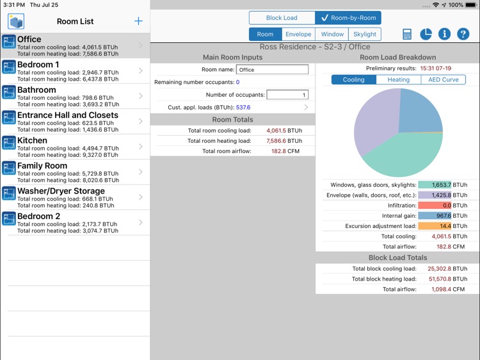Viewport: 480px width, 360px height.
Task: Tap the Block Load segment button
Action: (282, 18)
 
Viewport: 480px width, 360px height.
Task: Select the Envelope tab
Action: (298, 34)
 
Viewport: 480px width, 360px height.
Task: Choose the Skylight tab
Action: (364, 34)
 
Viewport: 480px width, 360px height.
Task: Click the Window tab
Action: (332, 34)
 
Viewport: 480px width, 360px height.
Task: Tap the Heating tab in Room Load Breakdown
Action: (398, 80)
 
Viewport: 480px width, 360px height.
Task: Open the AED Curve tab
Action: (443, 80)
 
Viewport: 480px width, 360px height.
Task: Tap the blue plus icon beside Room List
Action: (138, 21)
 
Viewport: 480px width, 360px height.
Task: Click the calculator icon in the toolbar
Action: (407, 35)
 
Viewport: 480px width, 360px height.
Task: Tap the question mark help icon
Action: (463, 35)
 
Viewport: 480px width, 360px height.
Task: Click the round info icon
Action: (444, 35)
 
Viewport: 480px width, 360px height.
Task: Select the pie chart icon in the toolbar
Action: (426, 35)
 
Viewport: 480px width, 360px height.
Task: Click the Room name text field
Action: (272, 69)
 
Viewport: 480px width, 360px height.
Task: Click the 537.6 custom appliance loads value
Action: (243, 108)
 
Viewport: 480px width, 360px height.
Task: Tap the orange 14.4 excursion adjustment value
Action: (435, 226)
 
